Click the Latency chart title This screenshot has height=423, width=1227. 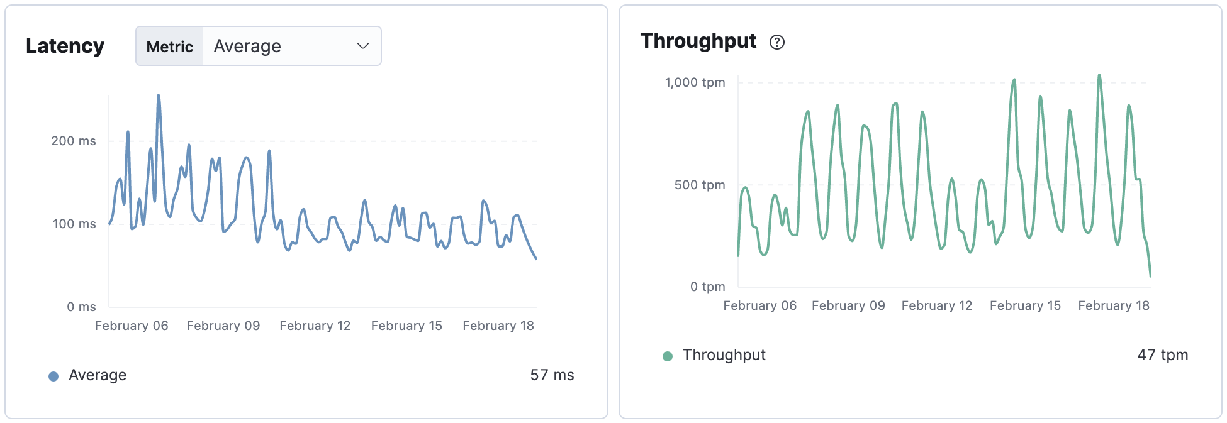pos(65,46)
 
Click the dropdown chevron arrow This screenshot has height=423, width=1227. pos(362,46)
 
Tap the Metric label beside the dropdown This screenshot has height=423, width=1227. pos(169,47)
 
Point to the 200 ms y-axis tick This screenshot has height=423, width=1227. pos(74,141)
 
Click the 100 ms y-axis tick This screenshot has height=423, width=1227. pos(74,224)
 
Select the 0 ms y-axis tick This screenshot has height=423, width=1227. pos(81,307)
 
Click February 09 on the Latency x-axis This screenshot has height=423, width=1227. pos(223,326)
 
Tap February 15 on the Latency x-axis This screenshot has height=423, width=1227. pos(406,326)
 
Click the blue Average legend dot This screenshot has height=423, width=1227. pos(53,376)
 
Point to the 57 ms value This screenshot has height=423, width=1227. pos(552,375)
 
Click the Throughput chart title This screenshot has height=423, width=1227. pos(698,41)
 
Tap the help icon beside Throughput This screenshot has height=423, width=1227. pos(777,42)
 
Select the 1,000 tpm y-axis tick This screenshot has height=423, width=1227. pos(695,82)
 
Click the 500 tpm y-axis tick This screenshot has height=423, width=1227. pos(699,185)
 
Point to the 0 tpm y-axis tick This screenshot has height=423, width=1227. pos(707,287)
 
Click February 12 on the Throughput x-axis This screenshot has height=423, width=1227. pos(936,305)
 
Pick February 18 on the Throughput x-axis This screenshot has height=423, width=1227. pos(1113,305)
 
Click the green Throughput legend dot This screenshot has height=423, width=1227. pos(668,356)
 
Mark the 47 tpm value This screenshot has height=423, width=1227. pos(1162,355)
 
